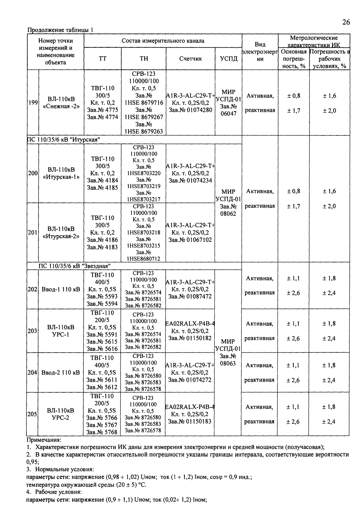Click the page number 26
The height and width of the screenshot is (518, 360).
click(346, 22)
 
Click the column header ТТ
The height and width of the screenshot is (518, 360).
click(103, 59)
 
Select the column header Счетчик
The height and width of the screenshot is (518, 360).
click(190, 59)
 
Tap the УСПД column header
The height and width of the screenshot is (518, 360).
click(229, 59)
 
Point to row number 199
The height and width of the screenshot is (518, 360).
click(33, 102)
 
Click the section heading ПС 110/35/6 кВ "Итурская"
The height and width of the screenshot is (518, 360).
click(64, 140)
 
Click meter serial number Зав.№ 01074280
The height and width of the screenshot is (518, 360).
click(190, 110)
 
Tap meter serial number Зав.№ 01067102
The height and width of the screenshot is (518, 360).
click(190, 240)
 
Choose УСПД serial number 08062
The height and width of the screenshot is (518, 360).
click(229, 213)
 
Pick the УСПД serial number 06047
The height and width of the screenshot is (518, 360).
click(229, 113)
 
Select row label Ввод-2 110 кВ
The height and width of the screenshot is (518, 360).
click(61, 373)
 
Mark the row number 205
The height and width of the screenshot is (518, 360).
click(32, 414)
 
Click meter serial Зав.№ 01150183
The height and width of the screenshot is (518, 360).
click(190, 421)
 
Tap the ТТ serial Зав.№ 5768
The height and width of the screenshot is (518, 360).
click(102, 432)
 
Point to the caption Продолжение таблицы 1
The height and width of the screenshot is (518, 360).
click(60, 30)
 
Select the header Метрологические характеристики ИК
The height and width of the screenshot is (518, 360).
click(314, 41)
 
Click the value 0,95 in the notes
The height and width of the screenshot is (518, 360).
click(32, 462)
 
